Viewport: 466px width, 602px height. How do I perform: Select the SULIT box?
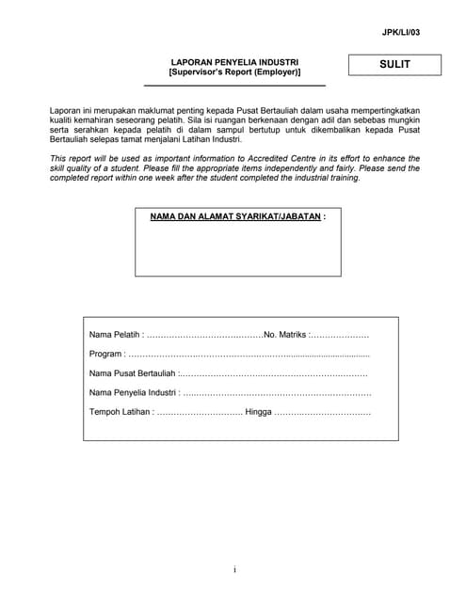point(394,65)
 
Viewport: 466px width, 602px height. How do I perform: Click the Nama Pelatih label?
point(114,335)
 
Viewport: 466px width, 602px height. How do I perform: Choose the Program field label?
point(105,355)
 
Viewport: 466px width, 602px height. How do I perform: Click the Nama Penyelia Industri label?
point(133,392)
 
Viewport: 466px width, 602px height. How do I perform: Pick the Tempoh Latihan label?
point(120,412)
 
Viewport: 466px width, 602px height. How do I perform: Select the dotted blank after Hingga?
point(322,413)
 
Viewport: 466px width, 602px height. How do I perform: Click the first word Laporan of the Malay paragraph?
point(66,111)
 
